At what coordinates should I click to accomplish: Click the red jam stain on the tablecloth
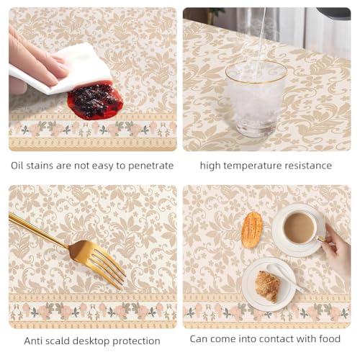point(95,102)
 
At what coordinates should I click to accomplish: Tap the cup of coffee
point(298,228)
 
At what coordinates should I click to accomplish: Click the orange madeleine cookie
point(251,229)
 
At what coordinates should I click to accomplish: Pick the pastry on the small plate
point(267,286)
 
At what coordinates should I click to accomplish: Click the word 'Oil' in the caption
point(19,165)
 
